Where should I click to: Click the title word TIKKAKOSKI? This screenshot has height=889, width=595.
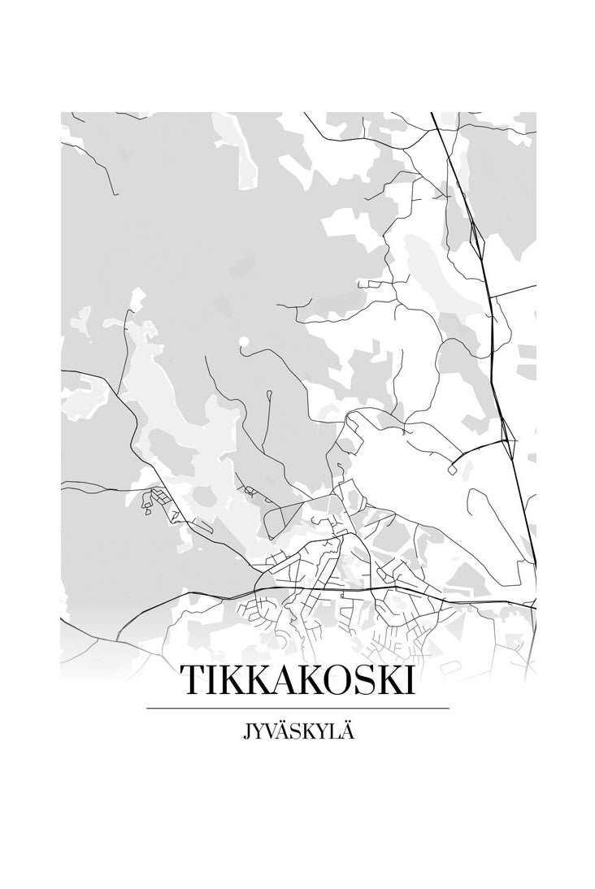(297, 681)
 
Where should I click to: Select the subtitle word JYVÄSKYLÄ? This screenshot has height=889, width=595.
(297, 731)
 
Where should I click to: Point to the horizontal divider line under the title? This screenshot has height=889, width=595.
(297, 709)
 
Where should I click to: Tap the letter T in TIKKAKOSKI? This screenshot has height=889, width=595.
(193, 681)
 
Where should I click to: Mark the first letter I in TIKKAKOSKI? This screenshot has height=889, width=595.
(213, 681)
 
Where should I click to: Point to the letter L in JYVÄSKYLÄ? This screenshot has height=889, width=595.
(333, 731)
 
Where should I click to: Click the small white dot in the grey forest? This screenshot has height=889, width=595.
(243, 341)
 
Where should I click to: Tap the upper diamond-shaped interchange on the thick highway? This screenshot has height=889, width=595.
(477, 236)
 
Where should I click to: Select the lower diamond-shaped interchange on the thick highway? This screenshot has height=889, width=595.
(508, 439)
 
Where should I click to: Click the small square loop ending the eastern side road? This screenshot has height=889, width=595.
(451, 470)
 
